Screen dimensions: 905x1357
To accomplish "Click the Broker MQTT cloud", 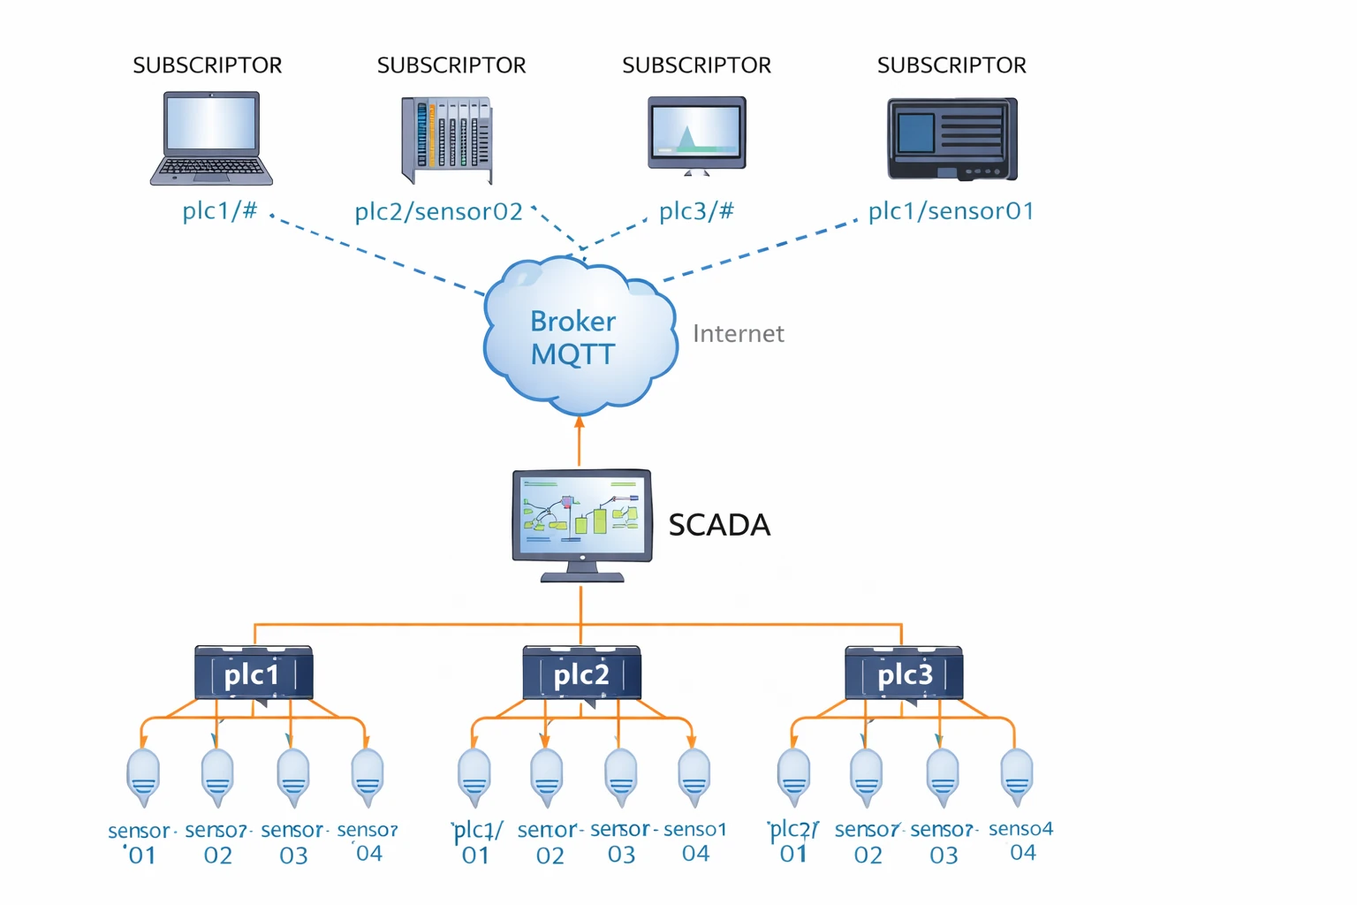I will click(x=579, y=336).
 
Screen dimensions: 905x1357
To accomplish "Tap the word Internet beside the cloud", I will click(x=738, y=333).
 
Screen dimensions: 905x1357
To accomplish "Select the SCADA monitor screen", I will click(x=581, y=516).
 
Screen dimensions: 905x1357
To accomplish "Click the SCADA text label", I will click(x=719, y=525).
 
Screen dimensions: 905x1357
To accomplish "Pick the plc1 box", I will click(x=254, y=674).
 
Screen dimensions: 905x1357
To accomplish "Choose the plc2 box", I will click(x=581, y=674).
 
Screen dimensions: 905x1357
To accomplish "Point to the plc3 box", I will click(x=904, y=674).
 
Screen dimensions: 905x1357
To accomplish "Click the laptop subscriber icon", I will click(x=211, y=138).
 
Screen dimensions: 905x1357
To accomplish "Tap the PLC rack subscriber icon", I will click(x=447, y=139).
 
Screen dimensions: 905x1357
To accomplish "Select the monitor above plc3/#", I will click(x=696, y=134).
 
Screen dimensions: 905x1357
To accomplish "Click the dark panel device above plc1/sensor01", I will click(x=951, y=139).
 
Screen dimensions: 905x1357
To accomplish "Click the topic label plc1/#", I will click(x=219, y=210).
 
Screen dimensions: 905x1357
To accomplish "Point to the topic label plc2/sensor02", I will click(x=438, y=211).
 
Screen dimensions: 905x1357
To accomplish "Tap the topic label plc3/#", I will click(x=696, y=210).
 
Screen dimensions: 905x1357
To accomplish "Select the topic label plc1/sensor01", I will click(x=951, y=210).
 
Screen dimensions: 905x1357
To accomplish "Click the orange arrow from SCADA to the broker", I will click(x=580, y=442).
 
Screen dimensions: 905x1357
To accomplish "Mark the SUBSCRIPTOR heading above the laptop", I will click(x=207, y=65).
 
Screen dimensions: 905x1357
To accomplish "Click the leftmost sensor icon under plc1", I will click(x=143, y=776).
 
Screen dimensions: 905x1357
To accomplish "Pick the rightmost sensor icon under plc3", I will click(x=1017, y=776).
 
